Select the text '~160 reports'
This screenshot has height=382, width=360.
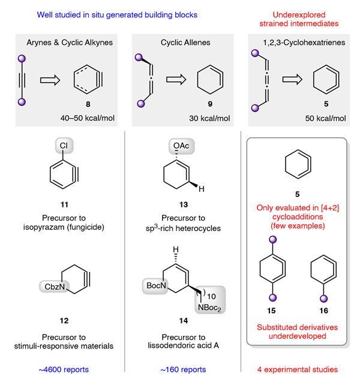pyautogui.click(x=183, y=370)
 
